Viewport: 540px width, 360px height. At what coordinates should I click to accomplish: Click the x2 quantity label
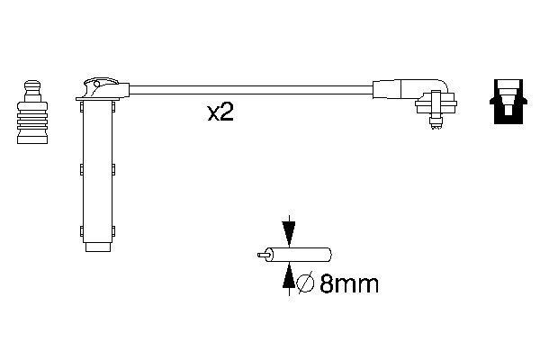tap(220, 113)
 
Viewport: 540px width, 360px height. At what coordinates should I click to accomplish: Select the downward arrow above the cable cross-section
tap(288, 231)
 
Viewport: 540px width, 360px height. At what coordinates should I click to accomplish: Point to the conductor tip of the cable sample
tap(263, 256)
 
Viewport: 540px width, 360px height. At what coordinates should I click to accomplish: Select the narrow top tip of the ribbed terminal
tap(31, 85)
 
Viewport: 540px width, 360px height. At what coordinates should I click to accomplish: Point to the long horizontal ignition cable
tap(252, 89)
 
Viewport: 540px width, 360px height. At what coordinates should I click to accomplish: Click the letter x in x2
tap(213, 114)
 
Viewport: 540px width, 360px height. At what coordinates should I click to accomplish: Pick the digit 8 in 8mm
tap(328, 285)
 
